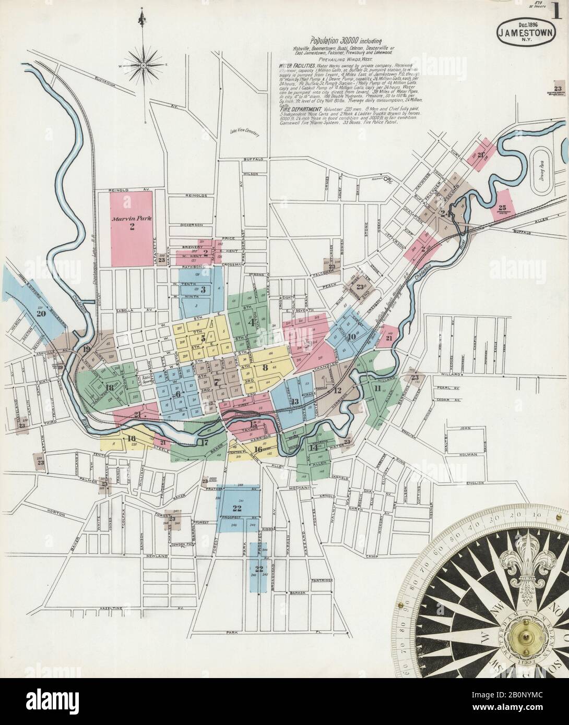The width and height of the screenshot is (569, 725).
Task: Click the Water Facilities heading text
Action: pos(297,66)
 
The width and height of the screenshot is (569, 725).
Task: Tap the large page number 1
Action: pos(558,11)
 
